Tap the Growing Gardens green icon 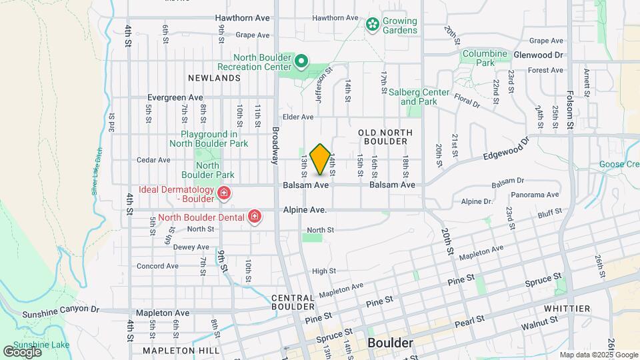372,25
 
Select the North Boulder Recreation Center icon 301,62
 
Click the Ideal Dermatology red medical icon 224,194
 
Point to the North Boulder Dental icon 254,216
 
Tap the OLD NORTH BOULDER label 383,137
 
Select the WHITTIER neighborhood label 567,309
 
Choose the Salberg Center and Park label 419,97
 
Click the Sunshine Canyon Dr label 60,311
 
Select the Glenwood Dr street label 539,55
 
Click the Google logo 22,351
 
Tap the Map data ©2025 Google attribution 599,355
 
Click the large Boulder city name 390,343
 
